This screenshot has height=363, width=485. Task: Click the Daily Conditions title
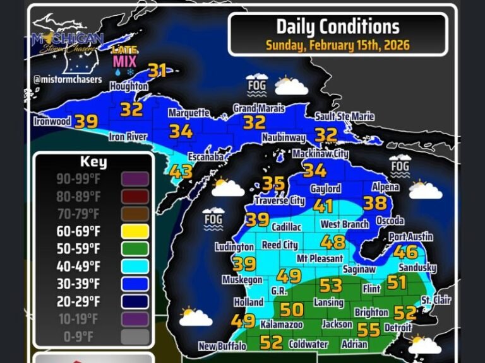338,26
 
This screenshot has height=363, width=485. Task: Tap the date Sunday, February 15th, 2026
338,45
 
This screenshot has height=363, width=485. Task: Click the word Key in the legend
93,162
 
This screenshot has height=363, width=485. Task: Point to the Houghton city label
129,86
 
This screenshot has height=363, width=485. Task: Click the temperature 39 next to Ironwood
86,122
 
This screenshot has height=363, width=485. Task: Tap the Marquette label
188,113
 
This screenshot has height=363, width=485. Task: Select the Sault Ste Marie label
344,117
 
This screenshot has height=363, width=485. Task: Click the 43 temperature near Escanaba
180,171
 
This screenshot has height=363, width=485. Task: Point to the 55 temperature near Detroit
369,330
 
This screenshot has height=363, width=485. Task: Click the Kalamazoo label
282,325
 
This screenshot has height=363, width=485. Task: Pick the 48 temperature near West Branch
333,242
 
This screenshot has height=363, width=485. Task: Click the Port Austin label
410,237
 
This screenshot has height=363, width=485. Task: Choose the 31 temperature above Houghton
157,71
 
